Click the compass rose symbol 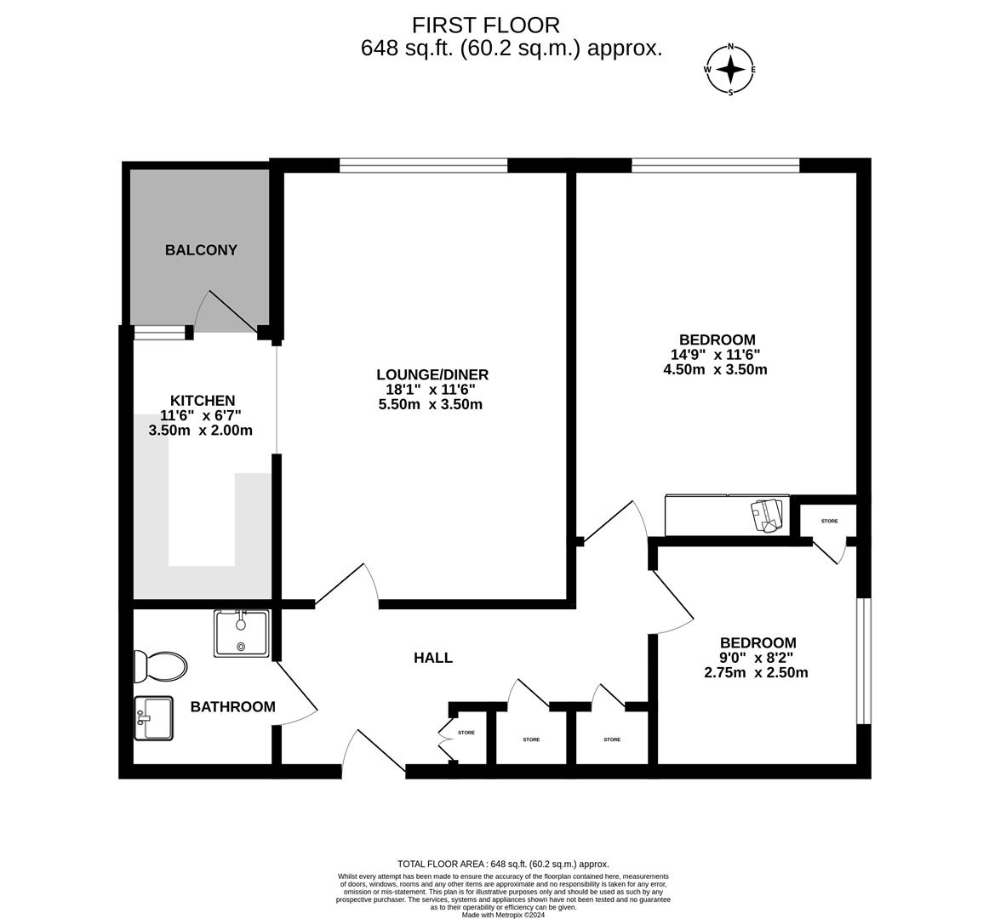pyautogui.click(x=730, y=70)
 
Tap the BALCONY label pyautogui.click(x=201, y=250)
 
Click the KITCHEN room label pyautogui.click(x=203, y=401)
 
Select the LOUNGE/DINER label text pyautogui.click(x=432, y=374)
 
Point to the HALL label pyautogui.click(x=433, y=658)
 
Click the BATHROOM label pyautogui.click(x=232, y=707)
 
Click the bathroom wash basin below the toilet pyautogui.click(x=153, y=718)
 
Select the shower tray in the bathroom pyautogui.click(x=242, y=633)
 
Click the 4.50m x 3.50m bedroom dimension pyautogui.click(x=715, y=369)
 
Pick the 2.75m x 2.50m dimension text pyautogui.click(x=756, y=672)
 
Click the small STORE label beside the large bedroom pyautogui.click(x=829, y=521)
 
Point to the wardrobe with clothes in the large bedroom pyautogui.click(x=727, y=516)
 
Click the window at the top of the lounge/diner pyautogui.click(x=423, y=165)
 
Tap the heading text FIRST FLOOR pyautogui.click(x=486, y=26)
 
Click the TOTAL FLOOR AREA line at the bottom pyautogui.click(x=503, y=864)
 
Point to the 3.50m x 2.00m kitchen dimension pyautogui.click(x=201, y=431)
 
